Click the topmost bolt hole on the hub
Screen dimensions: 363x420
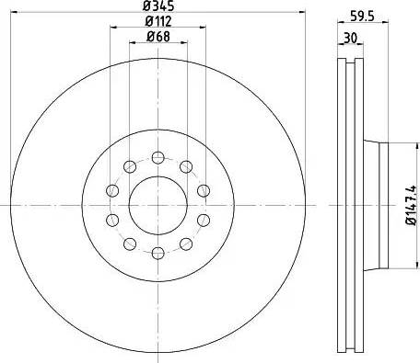(x=157, y=155)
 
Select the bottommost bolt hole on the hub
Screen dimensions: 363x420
(x=157, y=253)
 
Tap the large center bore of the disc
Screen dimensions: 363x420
(x=157, y=204)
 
